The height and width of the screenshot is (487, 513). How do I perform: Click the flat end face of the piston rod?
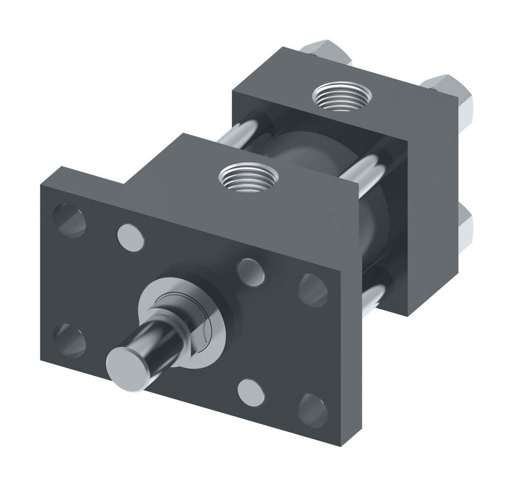tap(126, 368)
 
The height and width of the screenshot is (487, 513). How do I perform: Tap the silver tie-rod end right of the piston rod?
tap(251, 272)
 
